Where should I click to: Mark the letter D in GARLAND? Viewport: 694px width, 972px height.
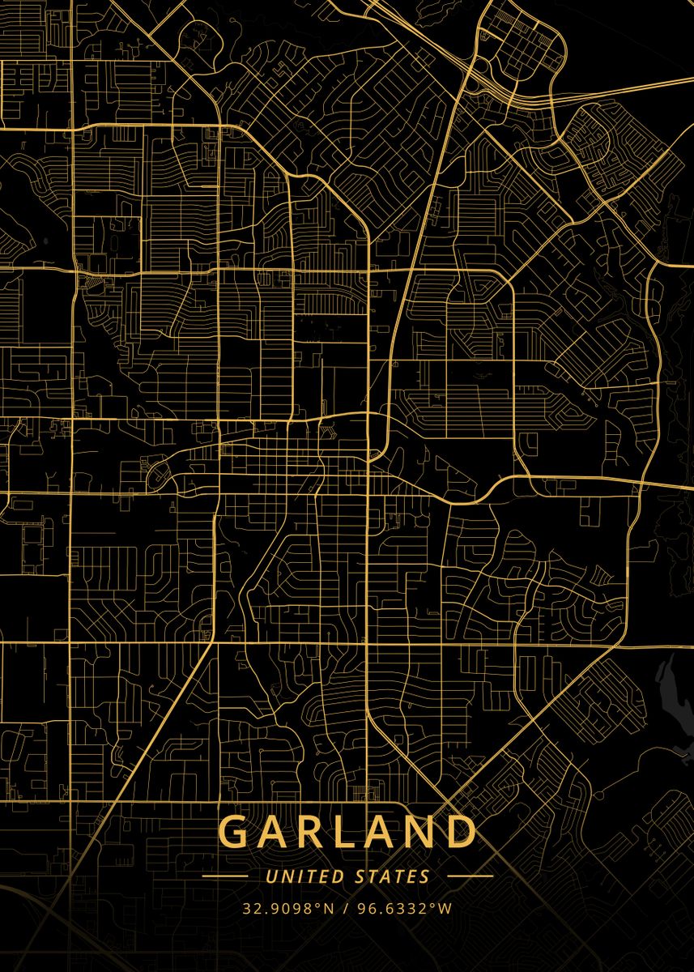pos(459,832)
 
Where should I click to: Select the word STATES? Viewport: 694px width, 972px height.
pos(393,876)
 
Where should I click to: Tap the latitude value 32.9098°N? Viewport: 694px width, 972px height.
pos(287,908)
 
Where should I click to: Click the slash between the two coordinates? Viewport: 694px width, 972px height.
pos(346,908)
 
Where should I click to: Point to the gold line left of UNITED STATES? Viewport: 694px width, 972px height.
pos(224,876)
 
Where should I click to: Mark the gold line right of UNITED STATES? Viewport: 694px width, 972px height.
pos(470,876)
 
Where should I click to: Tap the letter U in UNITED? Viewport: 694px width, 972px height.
pos(270,876)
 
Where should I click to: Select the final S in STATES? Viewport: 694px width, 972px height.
pos(425,876)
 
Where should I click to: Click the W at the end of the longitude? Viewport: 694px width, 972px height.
pos(445,908)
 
